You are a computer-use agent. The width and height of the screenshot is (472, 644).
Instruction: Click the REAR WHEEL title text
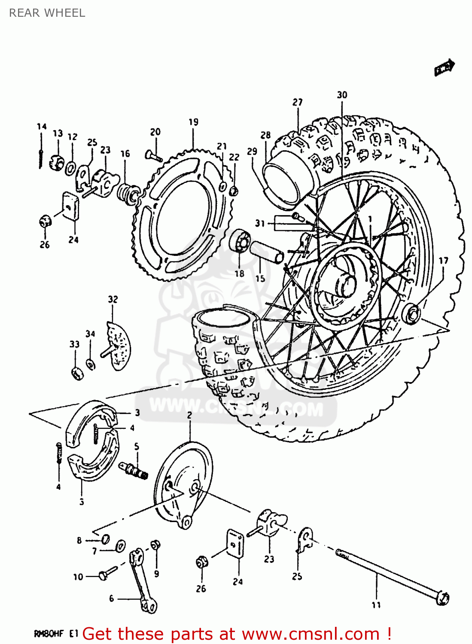47,13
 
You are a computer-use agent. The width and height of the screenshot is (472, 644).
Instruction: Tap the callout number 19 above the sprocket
193,122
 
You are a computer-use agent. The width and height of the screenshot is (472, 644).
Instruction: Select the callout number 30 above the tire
342,95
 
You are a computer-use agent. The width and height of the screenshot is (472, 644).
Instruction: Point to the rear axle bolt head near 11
442,598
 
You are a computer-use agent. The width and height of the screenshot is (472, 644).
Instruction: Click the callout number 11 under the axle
376,605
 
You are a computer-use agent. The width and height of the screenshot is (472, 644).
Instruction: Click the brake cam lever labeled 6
142,580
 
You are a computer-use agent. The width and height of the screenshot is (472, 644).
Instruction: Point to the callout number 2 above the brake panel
189,415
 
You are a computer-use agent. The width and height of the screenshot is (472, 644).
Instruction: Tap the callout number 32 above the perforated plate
113,299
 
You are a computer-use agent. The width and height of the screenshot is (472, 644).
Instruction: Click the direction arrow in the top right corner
444,67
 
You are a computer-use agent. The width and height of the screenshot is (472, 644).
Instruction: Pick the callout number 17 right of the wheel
443,261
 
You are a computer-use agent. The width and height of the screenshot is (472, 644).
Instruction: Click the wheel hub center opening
346,285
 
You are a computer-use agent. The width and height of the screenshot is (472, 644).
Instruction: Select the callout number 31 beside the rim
260,223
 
